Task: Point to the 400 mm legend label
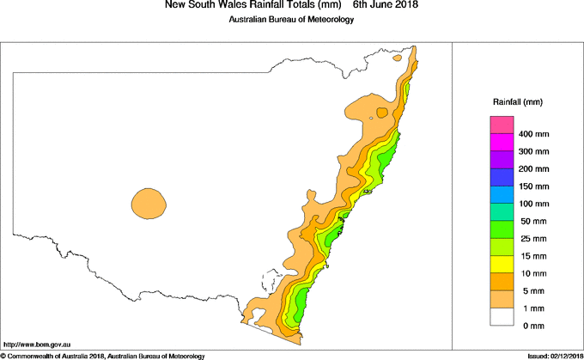click(534, 135)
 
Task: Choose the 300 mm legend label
click(534, 152)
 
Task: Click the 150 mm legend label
click(534, 186)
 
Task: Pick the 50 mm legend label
click(532, 222)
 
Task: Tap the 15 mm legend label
click(532, 256)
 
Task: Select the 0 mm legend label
click(530, 326)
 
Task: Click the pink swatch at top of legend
click(501, 125)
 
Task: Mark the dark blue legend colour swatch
click(501, 177)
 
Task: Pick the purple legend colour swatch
click(501, 160)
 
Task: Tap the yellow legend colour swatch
click(501, 264)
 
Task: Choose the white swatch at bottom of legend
click(501, 316)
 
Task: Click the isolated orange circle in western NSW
click(149, 204)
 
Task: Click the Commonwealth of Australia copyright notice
click(103, 355)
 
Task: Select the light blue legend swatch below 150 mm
click(501, 195)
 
